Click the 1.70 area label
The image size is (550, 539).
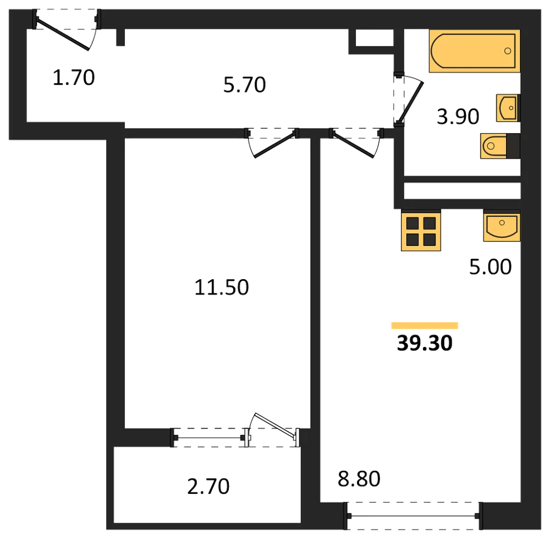(74, 78)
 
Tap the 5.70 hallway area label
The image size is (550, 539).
(245, 85)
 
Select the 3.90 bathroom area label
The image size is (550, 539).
(458, 117)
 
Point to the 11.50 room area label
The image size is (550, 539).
(221, 287)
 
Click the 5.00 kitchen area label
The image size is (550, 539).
(491, 267)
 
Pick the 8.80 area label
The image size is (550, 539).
(359, 479)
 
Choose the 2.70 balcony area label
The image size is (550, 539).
(208, 487)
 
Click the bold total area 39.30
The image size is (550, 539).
(425, 343)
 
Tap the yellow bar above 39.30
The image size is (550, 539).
(425, 325)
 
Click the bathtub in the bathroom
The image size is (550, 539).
(474, 51)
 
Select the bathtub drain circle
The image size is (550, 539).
(508, 51)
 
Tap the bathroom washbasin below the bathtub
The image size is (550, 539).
(508, 108)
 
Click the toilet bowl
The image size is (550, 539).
(493, 146)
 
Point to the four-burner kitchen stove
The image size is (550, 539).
(421, 231)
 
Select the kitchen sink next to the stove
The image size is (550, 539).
(502, 226)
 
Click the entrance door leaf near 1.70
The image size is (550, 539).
(62, 34)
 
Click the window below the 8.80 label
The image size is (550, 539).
(414, 516)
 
